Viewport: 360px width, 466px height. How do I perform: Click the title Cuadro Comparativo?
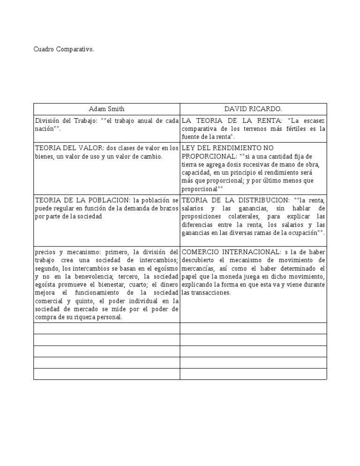tap(64, 49)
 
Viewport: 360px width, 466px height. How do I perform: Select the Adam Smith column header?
tap(107, 109)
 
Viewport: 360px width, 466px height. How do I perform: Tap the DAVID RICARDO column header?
tap(253, 109)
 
